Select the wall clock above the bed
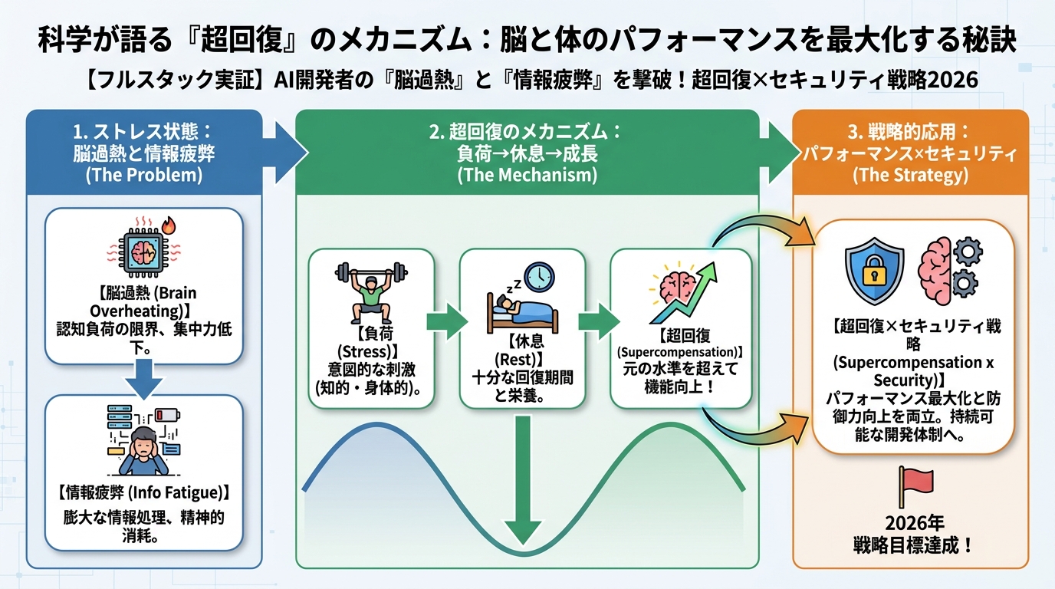(539, 277)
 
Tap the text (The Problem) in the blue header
(145, 175)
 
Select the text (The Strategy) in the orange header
(910, 175)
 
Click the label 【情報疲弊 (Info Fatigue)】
(144, 491)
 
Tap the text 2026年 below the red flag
(912, 525)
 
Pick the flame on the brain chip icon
(169, 228)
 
